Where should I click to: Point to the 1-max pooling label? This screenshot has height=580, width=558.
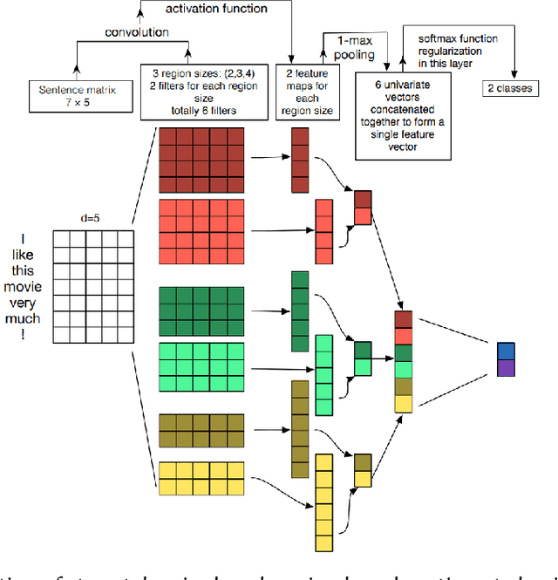(x=350, y=47)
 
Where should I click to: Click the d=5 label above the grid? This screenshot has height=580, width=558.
(x=92, y=218)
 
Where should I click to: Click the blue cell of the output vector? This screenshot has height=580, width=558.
(x=507, y=350)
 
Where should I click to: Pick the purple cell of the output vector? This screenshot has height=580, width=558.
(x=507, y=367)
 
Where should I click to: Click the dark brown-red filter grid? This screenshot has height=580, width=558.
(x=195, y=160)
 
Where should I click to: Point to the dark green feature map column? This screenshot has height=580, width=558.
(x=299, y=311)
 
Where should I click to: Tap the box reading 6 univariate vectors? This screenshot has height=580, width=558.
(x=404, y=114)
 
